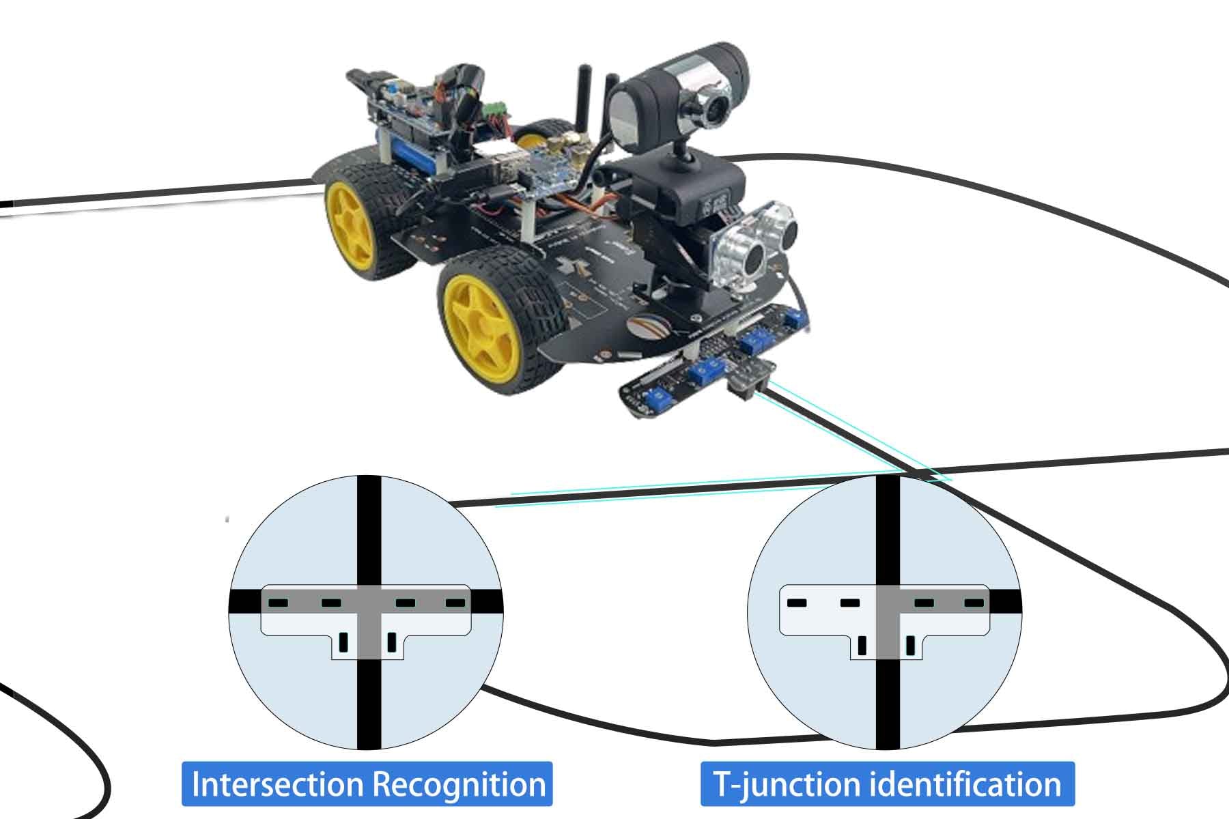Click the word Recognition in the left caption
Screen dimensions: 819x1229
462,784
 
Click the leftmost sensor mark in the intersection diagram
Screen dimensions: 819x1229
279,603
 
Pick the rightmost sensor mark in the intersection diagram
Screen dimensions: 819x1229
455,603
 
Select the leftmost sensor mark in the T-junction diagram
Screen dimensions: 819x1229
797,603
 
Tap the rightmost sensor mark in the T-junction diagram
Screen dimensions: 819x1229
974,603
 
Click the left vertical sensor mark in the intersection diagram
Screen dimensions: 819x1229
344,642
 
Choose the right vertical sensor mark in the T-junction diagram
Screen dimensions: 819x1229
910,644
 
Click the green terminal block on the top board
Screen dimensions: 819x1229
494,109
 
